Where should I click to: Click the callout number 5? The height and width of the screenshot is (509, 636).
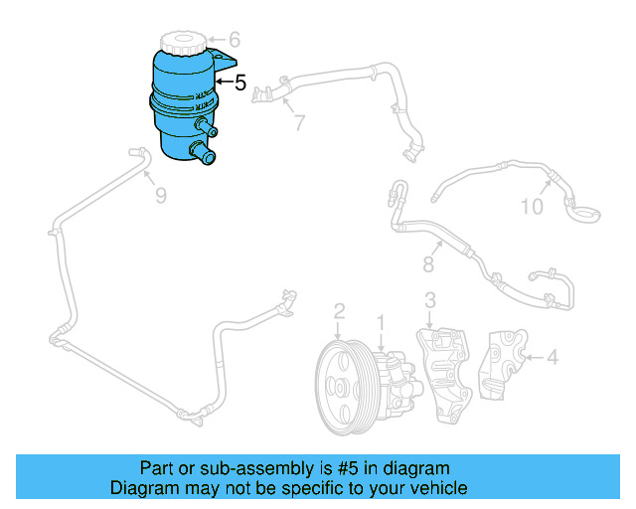click(x=240, y=83)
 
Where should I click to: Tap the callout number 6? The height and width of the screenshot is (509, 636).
click(x=235, y=40)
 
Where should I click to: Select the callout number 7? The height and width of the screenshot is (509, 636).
click(x=297, y=123)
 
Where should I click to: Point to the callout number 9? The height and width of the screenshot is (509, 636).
click(x=160, y=195)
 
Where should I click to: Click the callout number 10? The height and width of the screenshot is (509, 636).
click(x=533, y=207)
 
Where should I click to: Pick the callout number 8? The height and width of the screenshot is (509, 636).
click(x=429, y=264)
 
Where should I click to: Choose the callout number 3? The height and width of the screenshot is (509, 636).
click(x=429, y=300)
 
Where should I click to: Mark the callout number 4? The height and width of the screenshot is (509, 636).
click(x=552, y=355)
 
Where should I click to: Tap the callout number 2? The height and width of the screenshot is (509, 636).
click(x=339, y=312)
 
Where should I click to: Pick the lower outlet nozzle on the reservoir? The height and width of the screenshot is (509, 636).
click(x=205, y=154)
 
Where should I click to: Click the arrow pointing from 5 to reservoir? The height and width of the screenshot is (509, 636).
click(x=225, y=82)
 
